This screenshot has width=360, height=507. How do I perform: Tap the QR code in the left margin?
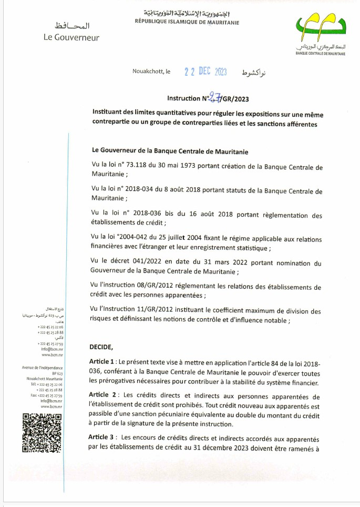click(42, 433)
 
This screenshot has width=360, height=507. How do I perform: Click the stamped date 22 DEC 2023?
click(205, 73)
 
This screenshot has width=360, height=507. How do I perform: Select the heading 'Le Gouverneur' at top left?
click(71, 37)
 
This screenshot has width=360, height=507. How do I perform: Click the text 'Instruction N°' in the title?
click(188, 98)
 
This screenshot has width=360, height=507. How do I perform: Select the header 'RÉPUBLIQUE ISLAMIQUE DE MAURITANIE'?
click(187, 23)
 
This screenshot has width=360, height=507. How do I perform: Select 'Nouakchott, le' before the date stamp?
click(151, 72)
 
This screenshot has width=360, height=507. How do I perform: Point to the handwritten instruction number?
click(214, 97)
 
